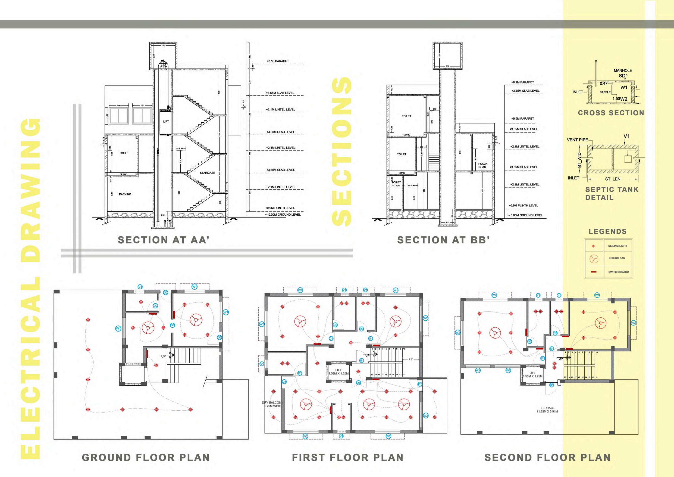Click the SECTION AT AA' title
164,240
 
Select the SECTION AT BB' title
443,240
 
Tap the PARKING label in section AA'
125,194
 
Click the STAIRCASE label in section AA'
207,173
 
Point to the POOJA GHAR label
482,165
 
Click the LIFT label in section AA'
166,121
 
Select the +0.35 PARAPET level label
278,61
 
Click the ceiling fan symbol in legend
594,259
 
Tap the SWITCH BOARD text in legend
619,272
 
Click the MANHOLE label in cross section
623,70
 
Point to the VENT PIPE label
577,140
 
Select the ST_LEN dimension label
613,179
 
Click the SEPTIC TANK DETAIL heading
612,193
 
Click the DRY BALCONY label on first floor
272,404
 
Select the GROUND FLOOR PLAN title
146,457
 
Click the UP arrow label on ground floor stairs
164,356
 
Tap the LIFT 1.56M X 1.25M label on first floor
338,372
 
